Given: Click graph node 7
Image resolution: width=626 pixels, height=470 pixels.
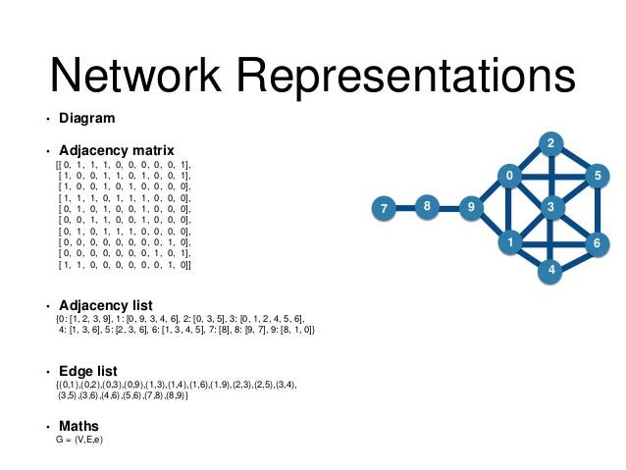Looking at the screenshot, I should (x=384, y=208).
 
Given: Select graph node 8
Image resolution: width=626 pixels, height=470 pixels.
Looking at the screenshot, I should (x=427, y=207).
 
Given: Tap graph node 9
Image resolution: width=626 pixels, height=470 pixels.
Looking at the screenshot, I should (x=471, y=207).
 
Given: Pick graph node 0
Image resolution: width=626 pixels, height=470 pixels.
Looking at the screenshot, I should (x=509, y=177).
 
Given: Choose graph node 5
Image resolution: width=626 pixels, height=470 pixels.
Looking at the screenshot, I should (x=596, y=176).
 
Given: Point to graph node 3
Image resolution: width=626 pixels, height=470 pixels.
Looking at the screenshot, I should (x=551, y=207).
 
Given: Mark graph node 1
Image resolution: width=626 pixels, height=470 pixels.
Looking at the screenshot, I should (x=510, y=239).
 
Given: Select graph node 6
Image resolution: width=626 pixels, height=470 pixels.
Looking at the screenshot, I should (x=596, y=240).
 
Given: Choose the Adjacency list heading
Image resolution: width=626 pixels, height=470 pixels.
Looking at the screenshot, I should (x=105, y=305).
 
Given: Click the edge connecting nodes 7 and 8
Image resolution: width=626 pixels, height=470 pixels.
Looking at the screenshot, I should (x=405, y=208).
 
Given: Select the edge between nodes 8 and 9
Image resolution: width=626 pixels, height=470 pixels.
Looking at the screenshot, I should (x=449, y=208).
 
